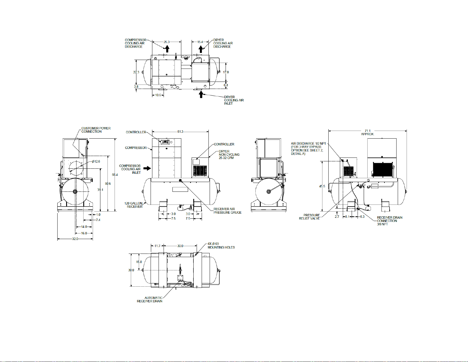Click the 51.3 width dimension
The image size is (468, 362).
pyautogui.click(x=180, y=132)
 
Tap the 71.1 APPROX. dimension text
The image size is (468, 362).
pyautogui.click(x=368, y=132)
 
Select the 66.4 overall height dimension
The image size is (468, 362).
pyautogui.click(x=115, y=175)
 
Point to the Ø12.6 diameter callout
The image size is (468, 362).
pyautogui.click(x=96, y=161)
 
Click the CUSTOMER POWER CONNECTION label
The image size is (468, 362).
pyautogui.click(x=96, y=130)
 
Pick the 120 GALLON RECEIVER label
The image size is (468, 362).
pyautogui.click(x=133, y=205)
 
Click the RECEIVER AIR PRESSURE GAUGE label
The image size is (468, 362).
pyautogui.click(x=227, y=211)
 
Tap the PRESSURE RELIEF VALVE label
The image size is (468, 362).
pyautogui.click(x=309, y=217)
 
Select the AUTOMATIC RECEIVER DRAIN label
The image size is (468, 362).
pyautogui.click(x=149, y=300)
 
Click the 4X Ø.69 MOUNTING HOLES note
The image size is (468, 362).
pyautogui.click(x=221, y=246)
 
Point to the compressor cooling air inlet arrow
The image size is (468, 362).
pyautogui.click(x=147, y=168)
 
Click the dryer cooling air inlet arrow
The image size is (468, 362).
pyautogui.click(x=201, y=95)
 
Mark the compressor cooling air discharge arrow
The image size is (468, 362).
pyautogui.click(x=167, y=49)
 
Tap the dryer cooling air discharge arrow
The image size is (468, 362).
pyautogui.click(x=201, y=49)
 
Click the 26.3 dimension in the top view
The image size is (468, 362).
pyautogui.click(x=167, y=42)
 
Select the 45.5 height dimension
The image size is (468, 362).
pyautogui.click(x=322, y=186)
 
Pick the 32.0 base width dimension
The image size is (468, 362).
pyautogui.click(x=75, y=239)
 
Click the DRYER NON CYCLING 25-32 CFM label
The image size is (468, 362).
pyautogui.click(x=229, y=155)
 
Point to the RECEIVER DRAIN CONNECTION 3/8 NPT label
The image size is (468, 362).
pyautogui.click(x=389, y=221)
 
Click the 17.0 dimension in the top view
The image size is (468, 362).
pyautogui.click(x=226, y=72)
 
